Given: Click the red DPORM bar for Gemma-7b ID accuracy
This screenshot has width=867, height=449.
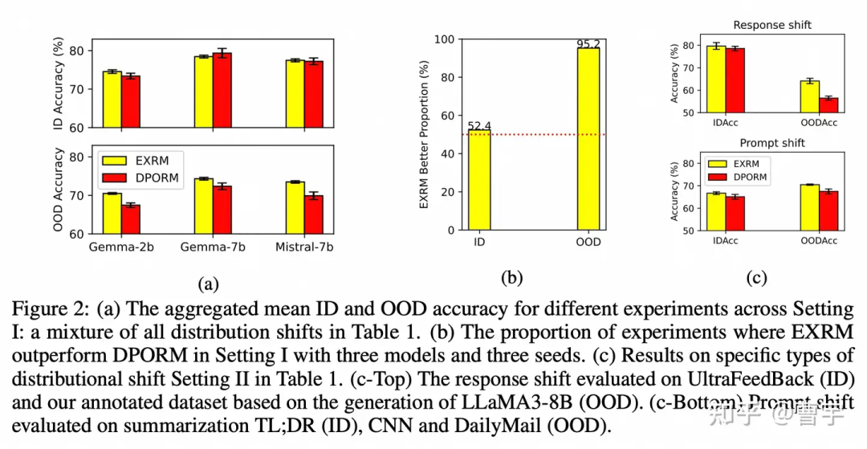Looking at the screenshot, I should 222,90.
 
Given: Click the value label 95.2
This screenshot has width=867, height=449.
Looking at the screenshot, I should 588,43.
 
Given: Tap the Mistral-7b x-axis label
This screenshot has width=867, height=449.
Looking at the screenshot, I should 304,247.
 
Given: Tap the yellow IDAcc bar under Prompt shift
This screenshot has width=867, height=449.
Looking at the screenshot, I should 715,211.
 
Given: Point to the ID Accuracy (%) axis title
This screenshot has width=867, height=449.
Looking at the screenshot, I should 59,84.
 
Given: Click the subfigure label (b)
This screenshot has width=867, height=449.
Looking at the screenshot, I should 511,279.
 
